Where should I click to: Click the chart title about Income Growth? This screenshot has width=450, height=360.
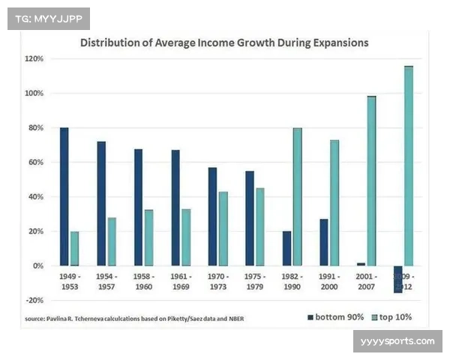(x=225, y=43)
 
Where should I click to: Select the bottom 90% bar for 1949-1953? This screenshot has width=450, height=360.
(x=64, y=196)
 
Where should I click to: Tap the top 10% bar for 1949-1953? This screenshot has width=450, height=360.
(x=74, y=248)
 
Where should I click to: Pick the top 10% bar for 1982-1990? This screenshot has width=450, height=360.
(x=297, y=196)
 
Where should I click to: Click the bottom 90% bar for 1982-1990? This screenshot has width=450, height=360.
(x=286, y=248)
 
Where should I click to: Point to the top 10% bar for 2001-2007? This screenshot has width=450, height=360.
(x=371, y=181)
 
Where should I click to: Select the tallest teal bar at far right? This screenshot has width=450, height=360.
(x=408, y=166)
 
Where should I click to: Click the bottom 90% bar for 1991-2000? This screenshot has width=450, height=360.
(x=324, y=242)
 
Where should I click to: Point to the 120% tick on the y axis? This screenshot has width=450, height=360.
(x=34, y=59)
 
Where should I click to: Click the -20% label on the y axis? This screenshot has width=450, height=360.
(x=34, y=300)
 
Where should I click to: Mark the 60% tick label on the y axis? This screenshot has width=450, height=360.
(x=35, y=163)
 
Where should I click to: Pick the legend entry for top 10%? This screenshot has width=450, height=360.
(x=392, y=316)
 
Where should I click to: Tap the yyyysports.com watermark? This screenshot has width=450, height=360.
(x=397, y=342)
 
